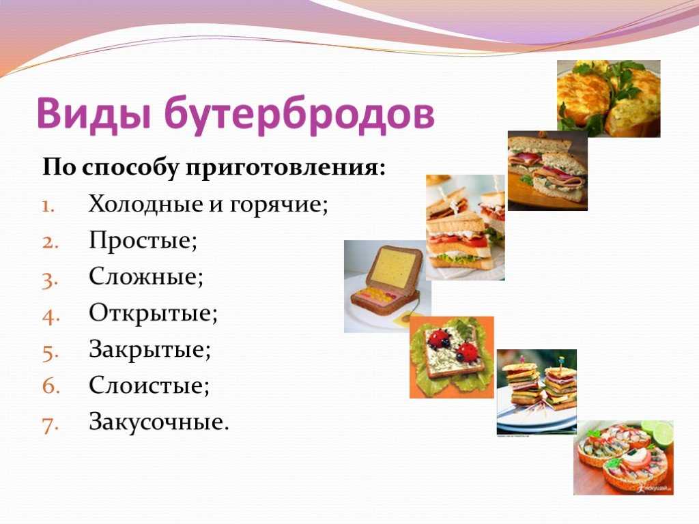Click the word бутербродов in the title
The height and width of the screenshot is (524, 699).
[300, 113]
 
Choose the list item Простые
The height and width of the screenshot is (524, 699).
[143, 241]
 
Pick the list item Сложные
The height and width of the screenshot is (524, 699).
[146, 277]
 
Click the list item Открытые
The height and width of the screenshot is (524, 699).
[153, 313]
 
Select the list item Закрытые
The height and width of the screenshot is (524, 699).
[149, 349]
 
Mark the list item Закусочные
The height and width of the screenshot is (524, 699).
[158, 422]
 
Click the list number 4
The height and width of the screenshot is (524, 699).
[51, 315]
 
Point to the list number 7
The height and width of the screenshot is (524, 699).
[51, 424]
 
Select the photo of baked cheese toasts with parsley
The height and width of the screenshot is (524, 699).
[608, 98]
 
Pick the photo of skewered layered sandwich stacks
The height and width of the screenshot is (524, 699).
[537, 392]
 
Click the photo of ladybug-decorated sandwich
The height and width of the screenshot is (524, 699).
[452, 358]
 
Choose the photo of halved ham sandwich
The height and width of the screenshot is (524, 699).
[547, 171]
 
